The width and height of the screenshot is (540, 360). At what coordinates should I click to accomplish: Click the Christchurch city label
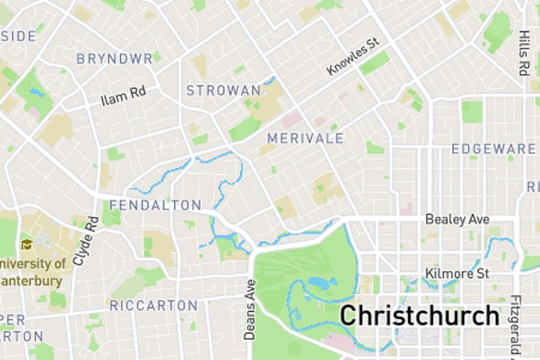(419, 316)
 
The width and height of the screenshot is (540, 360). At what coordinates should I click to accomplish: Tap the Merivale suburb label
(304, 138)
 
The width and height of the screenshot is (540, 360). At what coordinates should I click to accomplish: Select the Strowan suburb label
(223, 90)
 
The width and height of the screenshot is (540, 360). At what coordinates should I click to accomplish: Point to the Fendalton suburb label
(155, 205)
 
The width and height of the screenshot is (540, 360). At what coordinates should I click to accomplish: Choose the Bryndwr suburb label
(114, 59)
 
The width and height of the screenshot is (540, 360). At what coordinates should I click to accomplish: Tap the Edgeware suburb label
(494, 149)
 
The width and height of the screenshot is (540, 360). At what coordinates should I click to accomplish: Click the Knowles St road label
(353, 57)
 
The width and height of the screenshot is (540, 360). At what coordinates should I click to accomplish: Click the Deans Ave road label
(249, 309)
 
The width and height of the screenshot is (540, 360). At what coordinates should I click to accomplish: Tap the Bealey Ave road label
(457, 219)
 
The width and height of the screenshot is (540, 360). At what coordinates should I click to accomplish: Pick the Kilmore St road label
(457, 274)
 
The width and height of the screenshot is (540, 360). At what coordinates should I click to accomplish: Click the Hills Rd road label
(523, 57)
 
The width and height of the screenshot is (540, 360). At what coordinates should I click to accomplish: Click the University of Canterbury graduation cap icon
(27, 244)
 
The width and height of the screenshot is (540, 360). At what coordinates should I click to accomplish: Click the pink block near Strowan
(291, 119)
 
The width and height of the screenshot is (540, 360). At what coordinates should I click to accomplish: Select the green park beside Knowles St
(374, 62)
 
